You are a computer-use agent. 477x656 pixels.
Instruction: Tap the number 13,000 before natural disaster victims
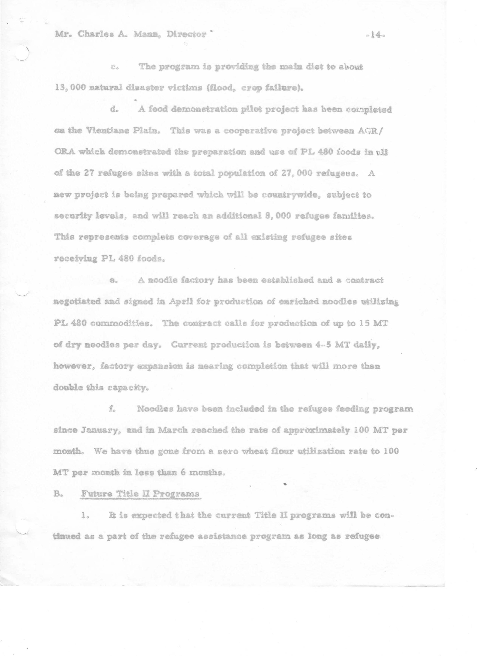pos(70,88)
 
